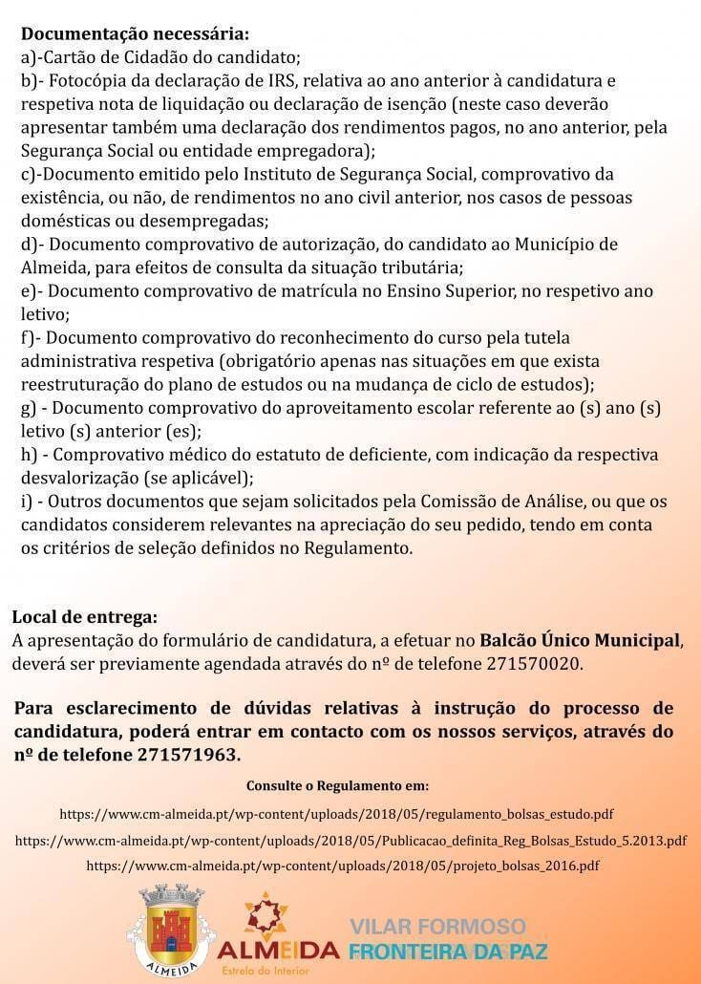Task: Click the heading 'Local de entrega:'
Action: pyautogui.click(x=85, y=617)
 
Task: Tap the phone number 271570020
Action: pyautogui.click(x=534, y=662)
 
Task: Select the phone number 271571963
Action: pyautogui.click(x=188, y=754)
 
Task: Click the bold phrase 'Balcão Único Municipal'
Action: pyautogui.click(x=581, y=639)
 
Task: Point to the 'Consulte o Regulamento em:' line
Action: pyautogui.click(x=338, y=786)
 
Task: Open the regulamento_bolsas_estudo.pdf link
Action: pyautogui.click(x=336, y=815)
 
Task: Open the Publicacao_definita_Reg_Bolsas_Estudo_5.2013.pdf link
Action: pyautogui.click(x=350, y=841)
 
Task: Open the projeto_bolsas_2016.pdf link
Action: pyautogui.click(x=343, y=866)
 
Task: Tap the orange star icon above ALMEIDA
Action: pyautogui.click(x=266, y=913)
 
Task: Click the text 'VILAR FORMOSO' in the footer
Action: pyautogui.click(x=437, y=927)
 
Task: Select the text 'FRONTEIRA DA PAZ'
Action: pyautogui.click(x=448, y=952)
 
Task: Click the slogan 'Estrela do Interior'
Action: pyautogui.click(x=271, y=970)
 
